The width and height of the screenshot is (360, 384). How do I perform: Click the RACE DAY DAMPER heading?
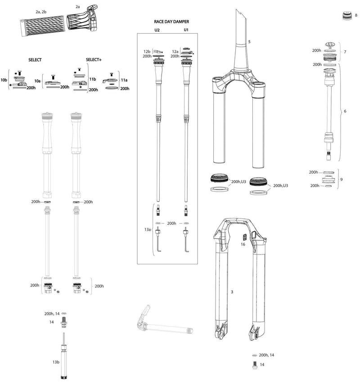coord(171,21)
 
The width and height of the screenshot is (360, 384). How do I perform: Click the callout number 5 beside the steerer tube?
coord(249,41)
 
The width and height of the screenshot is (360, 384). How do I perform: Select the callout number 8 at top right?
coord(356,15)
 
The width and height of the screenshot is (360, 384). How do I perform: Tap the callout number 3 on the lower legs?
coord(231,292)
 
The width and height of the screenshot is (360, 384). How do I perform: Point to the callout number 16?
coord(243,245)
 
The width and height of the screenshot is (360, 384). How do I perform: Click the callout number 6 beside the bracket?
coord(345,111)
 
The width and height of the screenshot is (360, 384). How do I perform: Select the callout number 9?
coord(342,179)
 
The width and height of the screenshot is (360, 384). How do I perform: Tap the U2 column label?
coord(157,30)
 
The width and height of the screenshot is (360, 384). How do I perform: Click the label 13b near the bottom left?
coord(56,362)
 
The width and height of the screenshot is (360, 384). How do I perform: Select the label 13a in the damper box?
coord(148,229)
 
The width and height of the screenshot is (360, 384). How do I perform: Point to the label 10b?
coord(4,80)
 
